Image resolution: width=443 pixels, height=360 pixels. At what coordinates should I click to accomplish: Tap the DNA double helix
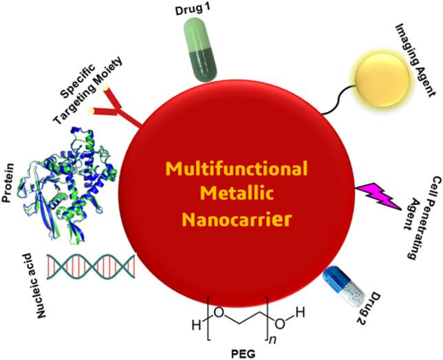pos(89,265)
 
